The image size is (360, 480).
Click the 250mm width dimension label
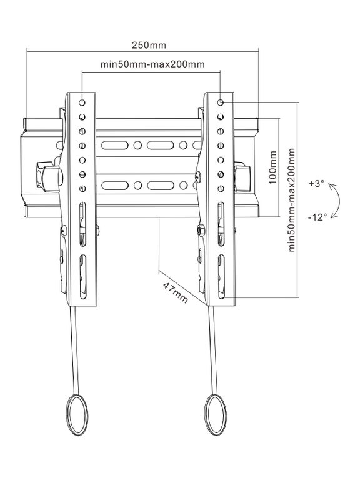click(x=149, y=45)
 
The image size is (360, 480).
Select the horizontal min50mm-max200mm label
click(x=152, y=64)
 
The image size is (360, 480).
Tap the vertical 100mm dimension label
click(x=272, y=167)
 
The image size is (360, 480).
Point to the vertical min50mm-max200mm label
click(x=292, y=200)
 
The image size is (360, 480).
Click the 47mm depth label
click(x=175, y=292)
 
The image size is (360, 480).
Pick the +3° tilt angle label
click(x=316, y=184)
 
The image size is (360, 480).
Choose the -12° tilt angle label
click(x=317, y=217)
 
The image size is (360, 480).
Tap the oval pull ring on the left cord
click(x=77, y=414)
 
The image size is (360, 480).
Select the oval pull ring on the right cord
click(x=216, y=414)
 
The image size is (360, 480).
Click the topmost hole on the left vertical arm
click(x=82, y=102)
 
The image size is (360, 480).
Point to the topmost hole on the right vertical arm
click(x=221, y=102)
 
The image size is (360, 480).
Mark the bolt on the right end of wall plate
click(x=242, y=177)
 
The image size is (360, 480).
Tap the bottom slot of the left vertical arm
click(x=82, y=277)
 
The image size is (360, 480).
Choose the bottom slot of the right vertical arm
click(x=221, y=277)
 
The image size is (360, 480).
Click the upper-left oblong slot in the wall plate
click(x=115, y=145)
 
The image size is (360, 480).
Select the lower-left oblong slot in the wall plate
click(x=115, y=186)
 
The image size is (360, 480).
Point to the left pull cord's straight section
click(x=75, y=351)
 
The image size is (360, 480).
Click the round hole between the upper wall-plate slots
click(x=137, y=145)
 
